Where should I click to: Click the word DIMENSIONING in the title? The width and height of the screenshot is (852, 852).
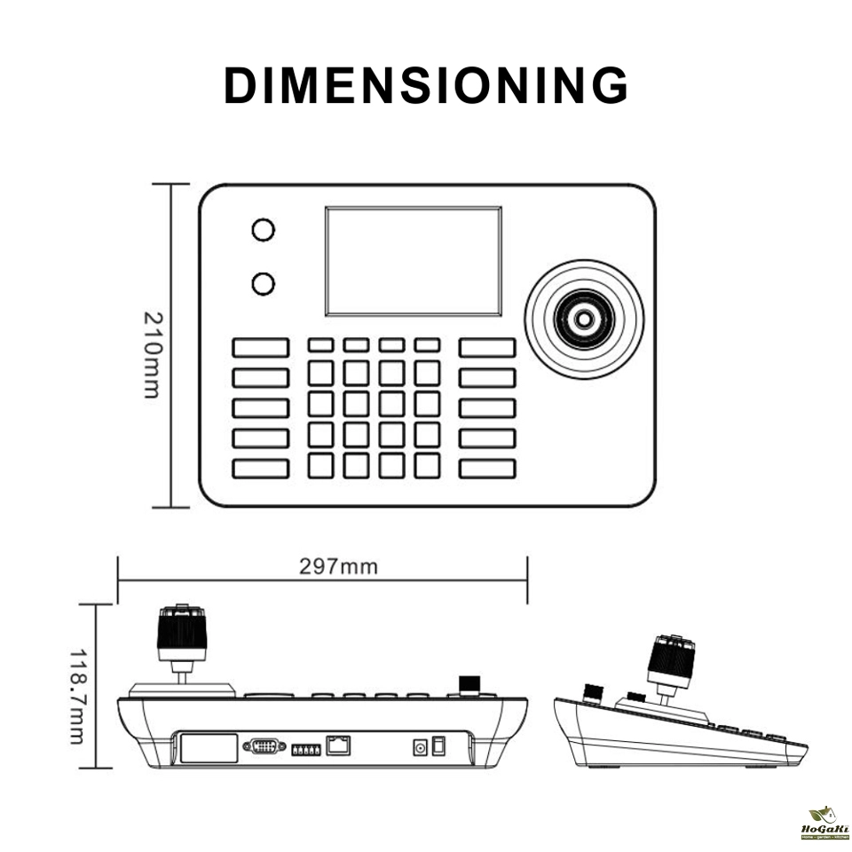pyautogui.click(x=426, y=86)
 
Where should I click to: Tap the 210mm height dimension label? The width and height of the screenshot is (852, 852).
pyautogui.click(x=152, y=354)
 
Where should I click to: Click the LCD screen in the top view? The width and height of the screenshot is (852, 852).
pyautogui.click(x=413, y=261)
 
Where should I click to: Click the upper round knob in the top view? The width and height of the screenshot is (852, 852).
pyautogui.click(x=263, y=229)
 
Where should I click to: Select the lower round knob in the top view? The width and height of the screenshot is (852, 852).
pyautogui.click(x=263, y=284)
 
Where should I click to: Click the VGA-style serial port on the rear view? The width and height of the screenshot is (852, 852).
pyautogui.click(x=264, y=746)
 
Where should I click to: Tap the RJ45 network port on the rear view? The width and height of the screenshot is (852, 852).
pyautogui.click(x=337, y=745)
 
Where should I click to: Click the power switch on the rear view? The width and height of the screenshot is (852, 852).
pyautogui.click(x=438, y=746)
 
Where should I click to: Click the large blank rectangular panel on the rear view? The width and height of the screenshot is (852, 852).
pyautogui.click(x=209, y=746)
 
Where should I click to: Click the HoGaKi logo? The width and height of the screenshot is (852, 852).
pyautogui.click(x=824, y=823)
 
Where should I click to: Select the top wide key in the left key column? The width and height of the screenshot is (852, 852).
pyautogui.click(x=261, y=347)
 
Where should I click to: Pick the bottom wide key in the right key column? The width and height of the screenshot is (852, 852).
pyautogui.click(x=487, y=469)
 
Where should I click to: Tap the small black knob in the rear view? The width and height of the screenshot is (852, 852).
pyautogui.click(x=469, y=684)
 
